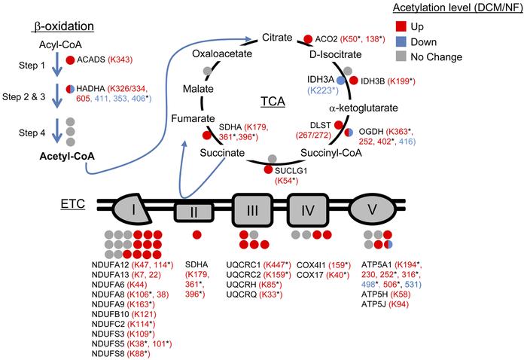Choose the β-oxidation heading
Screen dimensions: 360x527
click(62, 26)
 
